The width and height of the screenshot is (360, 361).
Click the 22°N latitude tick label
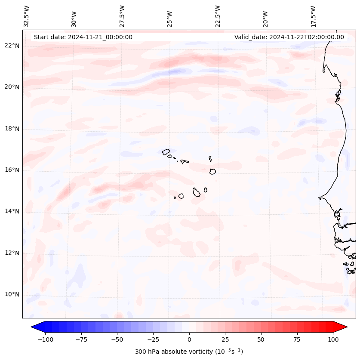pos(12,46)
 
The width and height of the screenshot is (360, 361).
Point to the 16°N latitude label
pos(12,170)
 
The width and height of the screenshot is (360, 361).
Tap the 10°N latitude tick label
pos(12,294)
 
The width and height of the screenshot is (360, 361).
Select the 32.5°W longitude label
pos(27,16)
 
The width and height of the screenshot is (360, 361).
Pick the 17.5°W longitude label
pos(313,16)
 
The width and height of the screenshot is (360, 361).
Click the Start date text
pos(83,37)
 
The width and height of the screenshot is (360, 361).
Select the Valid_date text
pos(289,37)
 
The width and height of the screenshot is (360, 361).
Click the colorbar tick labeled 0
pos(189,339)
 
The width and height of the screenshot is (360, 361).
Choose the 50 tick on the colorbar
pos(261,339)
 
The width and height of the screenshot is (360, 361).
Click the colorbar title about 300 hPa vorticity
pos(189,352)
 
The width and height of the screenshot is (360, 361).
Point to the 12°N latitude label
pos(12,253)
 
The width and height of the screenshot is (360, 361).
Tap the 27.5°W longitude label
pos(122,16)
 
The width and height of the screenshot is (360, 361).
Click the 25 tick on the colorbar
pos(225,339)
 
